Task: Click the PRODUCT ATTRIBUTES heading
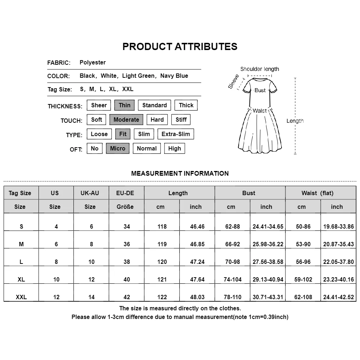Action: pos(180,46)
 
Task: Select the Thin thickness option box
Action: pos(125,105)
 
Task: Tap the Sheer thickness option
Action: pos(99,105)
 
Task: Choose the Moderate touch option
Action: pos(126,120)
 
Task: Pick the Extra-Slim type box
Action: pos(176,134)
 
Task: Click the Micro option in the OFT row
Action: pos(117,148)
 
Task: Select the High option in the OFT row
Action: pos(175,148)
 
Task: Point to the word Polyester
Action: pos(93,62)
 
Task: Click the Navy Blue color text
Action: pos(174,76)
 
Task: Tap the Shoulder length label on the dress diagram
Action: pos(260,69)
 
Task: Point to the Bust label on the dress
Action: pos(260,90)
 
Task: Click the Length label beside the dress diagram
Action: pos(295,121)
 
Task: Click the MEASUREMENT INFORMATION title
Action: pos(180,173)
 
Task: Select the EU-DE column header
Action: pos(125,193)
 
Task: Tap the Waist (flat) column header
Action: pos(318,193)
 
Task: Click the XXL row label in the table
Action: pos(21,297)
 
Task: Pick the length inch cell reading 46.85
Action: pos(197,244)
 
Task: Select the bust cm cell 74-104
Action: pos(233,279)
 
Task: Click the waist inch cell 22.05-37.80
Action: pos(338,262)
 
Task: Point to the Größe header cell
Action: pos(125,207)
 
